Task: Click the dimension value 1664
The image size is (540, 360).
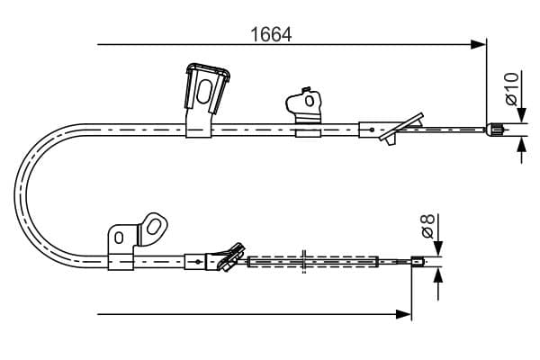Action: (x=271, y=34)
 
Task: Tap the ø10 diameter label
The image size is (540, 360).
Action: (x=512, y=88)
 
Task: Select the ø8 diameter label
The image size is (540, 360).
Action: (x=428, y=226)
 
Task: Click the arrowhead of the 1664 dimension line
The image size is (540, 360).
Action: (x=479, y=44)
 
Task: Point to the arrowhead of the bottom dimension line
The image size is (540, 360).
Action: (x=403, y=314)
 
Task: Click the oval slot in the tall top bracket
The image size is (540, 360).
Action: (x=204, y=92)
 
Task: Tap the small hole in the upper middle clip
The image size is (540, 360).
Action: (x=310, y=101)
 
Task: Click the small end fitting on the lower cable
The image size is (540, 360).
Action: (x=418, y=262)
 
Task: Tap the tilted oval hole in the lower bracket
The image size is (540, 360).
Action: (x=153, y=226)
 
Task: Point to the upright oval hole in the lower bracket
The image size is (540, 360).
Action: (x=119, y=238)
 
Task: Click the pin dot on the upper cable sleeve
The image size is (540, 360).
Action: (x=372, y=130)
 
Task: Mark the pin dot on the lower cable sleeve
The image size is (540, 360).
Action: (x=198, y=262)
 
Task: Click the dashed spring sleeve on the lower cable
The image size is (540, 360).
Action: (x=313, y=262)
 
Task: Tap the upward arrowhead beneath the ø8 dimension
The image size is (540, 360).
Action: (x=438, y=274)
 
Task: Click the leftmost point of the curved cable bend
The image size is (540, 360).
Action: (x=14, y=194)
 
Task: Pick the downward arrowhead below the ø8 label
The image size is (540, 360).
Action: (x=438, y=248)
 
